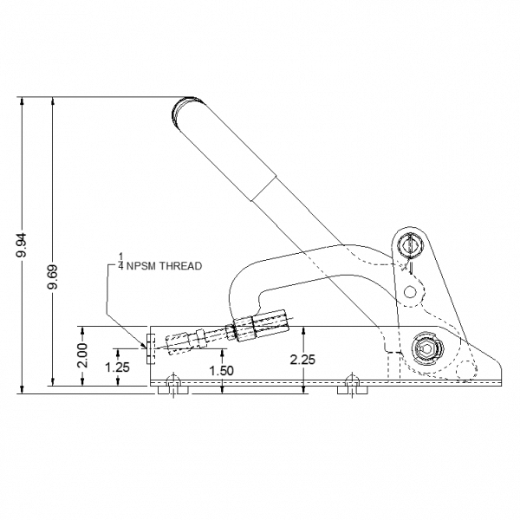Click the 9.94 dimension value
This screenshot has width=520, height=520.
point(23,245)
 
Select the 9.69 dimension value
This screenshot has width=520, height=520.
point(53,276)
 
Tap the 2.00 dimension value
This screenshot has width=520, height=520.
point(82,355)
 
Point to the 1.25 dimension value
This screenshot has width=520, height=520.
point(117,367)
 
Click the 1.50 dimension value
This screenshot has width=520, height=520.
point(222,370)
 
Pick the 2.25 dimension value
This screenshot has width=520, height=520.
point(302,360)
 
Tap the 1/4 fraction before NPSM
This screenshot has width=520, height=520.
point(121,261)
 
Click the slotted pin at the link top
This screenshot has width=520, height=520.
point(410,246)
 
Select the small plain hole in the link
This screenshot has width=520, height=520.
point(410,292)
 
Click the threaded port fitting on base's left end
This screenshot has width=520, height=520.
point(151,349)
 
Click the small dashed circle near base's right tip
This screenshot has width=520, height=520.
point(466,370)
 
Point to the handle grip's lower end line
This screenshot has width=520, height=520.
point(264,188)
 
